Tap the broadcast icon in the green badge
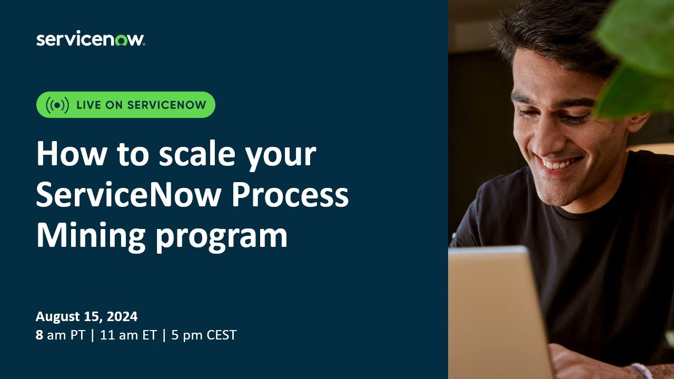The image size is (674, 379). pyautogui.click(x=57, y=105)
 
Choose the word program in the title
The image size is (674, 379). pyautogui.click(x=221, y=238)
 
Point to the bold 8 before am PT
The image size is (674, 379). pyautogui.click(x=39, y=335)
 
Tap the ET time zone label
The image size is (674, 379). pyautogui.click(x=149, y=335)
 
